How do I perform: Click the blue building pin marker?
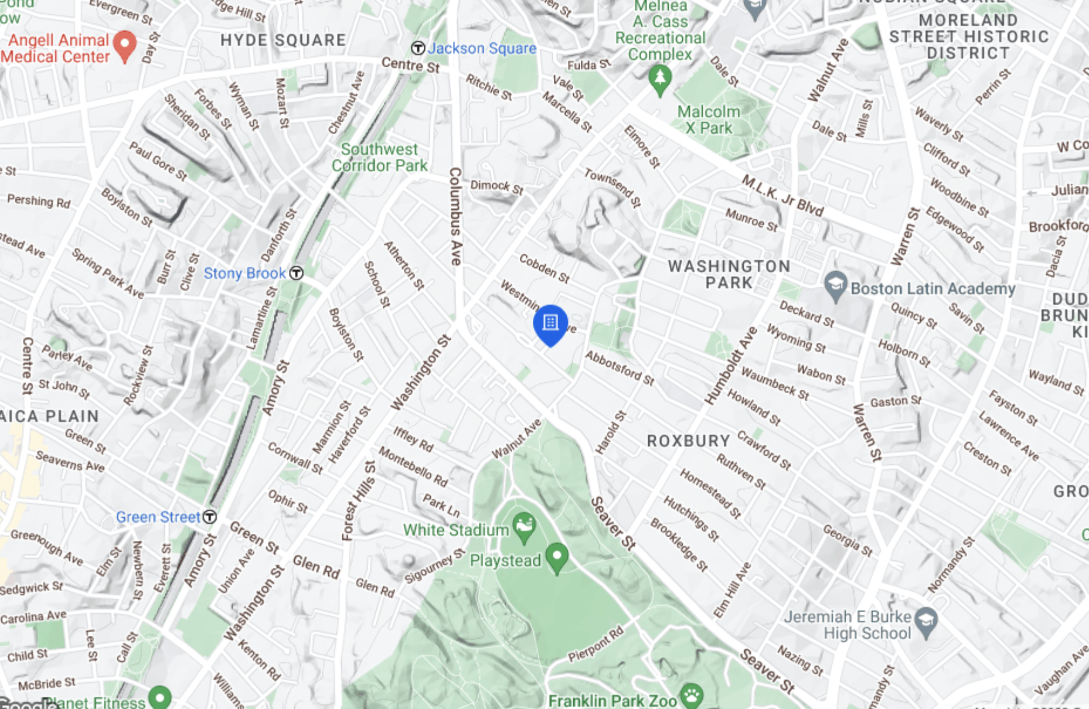[x=550, y=323]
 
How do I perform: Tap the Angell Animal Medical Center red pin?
[x=124, y=45]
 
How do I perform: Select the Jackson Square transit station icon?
[x=418, y=48]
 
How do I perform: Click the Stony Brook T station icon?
[x=297, y=273]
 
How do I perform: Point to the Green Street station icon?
[x=209, y=517]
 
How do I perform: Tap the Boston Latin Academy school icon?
[x=835, y=285]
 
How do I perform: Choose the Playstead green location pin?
[x=557, y=555]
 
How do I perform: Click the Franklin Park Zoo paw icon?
[x=692, y=696]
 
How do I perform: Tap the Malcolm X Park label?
[x=709, y=120]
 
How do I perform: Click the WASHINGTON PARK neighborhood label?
[x=729, y=274]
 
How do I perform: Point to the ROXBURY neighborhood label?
[x=688, y=441]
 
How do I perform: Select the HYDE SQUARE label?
[x=283, y=40]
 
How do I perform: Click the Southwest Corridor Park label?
[x=380, y=158]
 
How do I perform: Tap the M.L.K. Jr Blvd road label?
[x=783, y=196]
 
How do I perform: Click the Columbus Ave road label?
[x=455, y=217]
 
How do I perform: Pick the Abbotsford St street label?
[x=620, y=368]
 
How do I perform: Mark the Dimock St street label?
[x=497, y=187]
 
